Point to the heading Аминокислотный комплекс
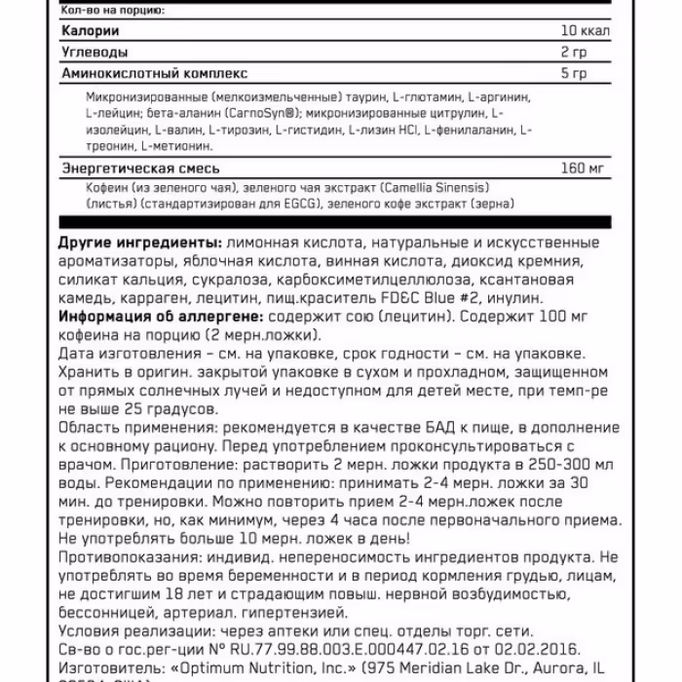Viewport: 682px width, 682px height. pos(154,73)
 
